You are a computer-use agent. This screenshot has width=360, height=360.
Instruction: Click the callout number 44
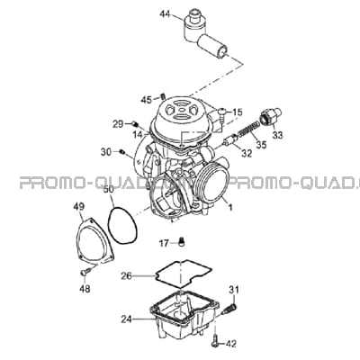165,13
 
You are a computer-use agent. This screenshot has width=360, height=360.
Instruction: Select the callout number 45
147,100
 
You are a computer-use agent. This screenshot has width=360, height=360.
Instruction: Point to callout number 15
237,112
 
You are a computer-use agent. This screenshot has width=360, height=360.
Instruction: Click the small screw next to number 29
135,123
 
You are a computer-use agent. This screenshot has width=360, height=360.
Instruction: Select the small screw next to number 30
122,152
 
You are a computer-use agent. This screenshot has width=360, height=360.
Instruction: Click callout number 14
139,135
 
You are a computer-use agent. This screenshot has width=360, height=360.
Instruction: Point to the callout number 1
230,207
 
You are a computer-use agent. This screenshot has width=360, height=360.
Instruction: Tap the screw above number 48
85,272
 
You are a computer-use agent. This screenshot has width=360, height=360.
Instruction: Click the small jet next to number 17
182,241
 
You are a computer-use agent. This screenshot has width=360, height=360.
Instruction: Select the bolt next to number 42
215,341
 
